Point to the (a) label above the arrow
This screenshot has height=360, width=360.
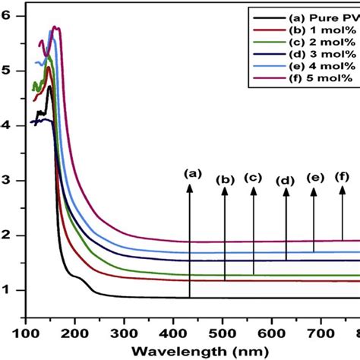(191, 173)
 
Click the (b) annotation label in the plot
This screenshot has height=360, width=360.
(225, 180)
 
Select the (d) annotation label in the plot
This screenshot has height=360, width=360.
(286, 181)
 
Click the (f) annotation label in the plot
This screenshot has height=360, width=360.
(343, 177)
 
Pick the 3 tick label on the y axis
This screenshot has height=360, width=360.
(8, 181)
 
